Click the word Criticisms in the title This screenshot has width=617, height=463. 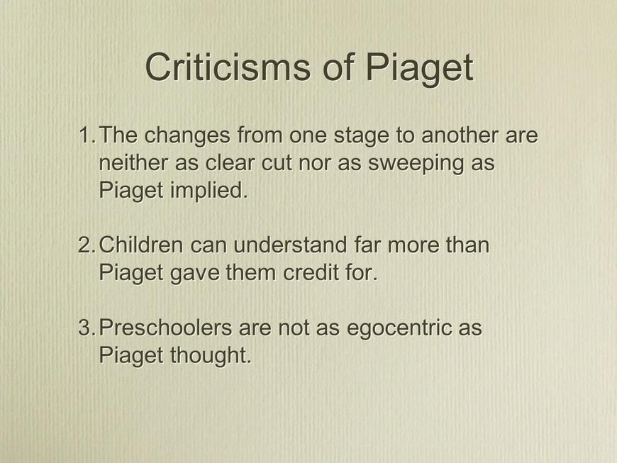pos(228,67)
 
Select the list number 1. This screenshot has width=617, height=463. pos(87,135)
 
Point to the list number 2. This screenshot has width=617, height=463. pos(87,245)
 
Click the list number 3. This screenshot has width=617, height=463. pos(87,328)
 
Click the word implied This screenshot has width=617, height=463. pos(209,191)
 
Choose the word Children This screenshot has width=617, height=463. pos(141,245)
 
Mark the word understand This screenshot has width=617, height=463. pos(290,245)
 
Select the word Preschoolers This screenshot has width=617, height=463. pos(165,328)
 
